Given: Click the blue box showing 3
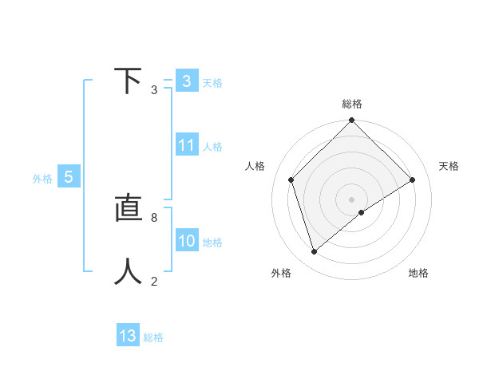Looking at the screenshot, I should pos(187,81).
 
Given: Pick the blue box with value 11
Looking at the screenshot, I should pos(187,145).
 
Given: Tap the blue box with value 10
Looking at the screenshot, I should pos(187,241).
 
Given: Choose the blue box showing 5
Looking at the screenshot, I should pos(69,177).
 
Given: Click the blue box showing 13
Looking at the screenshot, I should pos(128,336).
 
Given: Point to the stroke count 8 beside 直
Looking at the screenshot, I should pos(154,218).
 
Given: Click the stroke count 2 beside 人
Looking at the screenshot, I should pos(154,281).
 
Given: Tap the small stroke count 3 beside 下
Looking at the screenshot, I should pos(154,89).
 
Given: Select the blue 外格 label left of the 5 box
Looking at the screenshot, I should pos(42,179).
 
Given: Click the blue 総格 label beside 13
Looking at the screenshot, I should pos(153,337).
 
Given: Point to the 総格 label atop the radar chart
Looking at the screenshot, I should pos(351,104).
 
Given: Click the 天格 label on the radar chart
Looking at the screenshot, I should pos(449,166).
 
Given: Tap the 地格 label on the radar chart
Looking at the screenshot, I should pos(418,274).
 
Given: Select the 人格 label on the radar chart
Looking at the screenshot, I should pos(255,166).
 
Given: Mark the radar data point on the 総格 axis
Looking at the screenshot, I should pos(351,120).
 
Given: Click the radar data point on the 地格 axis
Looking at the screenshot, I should pos(362,212).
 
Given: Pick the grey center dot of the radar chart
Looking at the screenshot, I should pos(351,199).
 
